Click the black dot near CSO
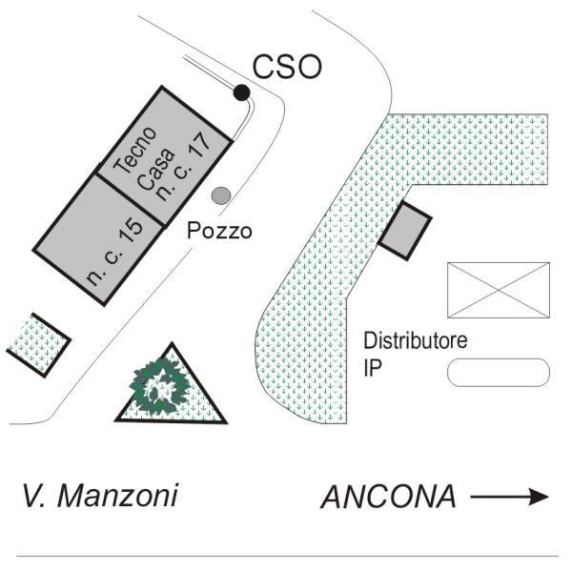pos(241,92)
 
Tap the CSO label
pos(287,67)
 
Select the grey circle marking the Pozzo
pos(221,195)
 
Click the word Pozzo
pos(219,231)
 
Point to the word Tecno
pos(135,150)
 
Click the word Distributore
pos(416,340)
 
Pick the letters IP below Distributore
pos(373,368)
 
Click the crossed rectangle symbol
pos(499,290)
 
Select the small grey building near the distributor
pos(405,230)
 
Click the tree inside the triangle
pos(159,385)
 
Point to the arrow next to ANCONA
pos(510,497)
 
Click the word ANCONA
pos(389,497)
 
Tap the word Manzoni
pos(117,496)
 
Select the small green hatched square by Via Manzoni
pos(39,345)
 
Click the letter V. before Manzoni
pos(34,496)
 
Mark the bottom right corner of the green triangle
pos(227,422)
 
